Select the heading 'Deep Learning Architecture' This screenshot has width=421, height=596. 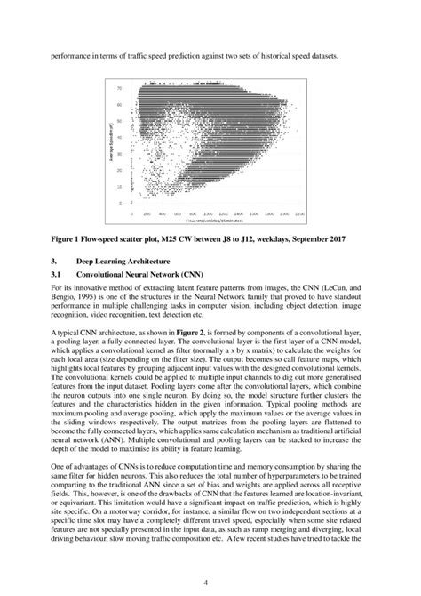pyautogui.click(x=124, y=261)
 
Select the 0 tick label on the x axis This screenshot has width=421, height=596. pyautogui.click(x=132, y=213)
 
